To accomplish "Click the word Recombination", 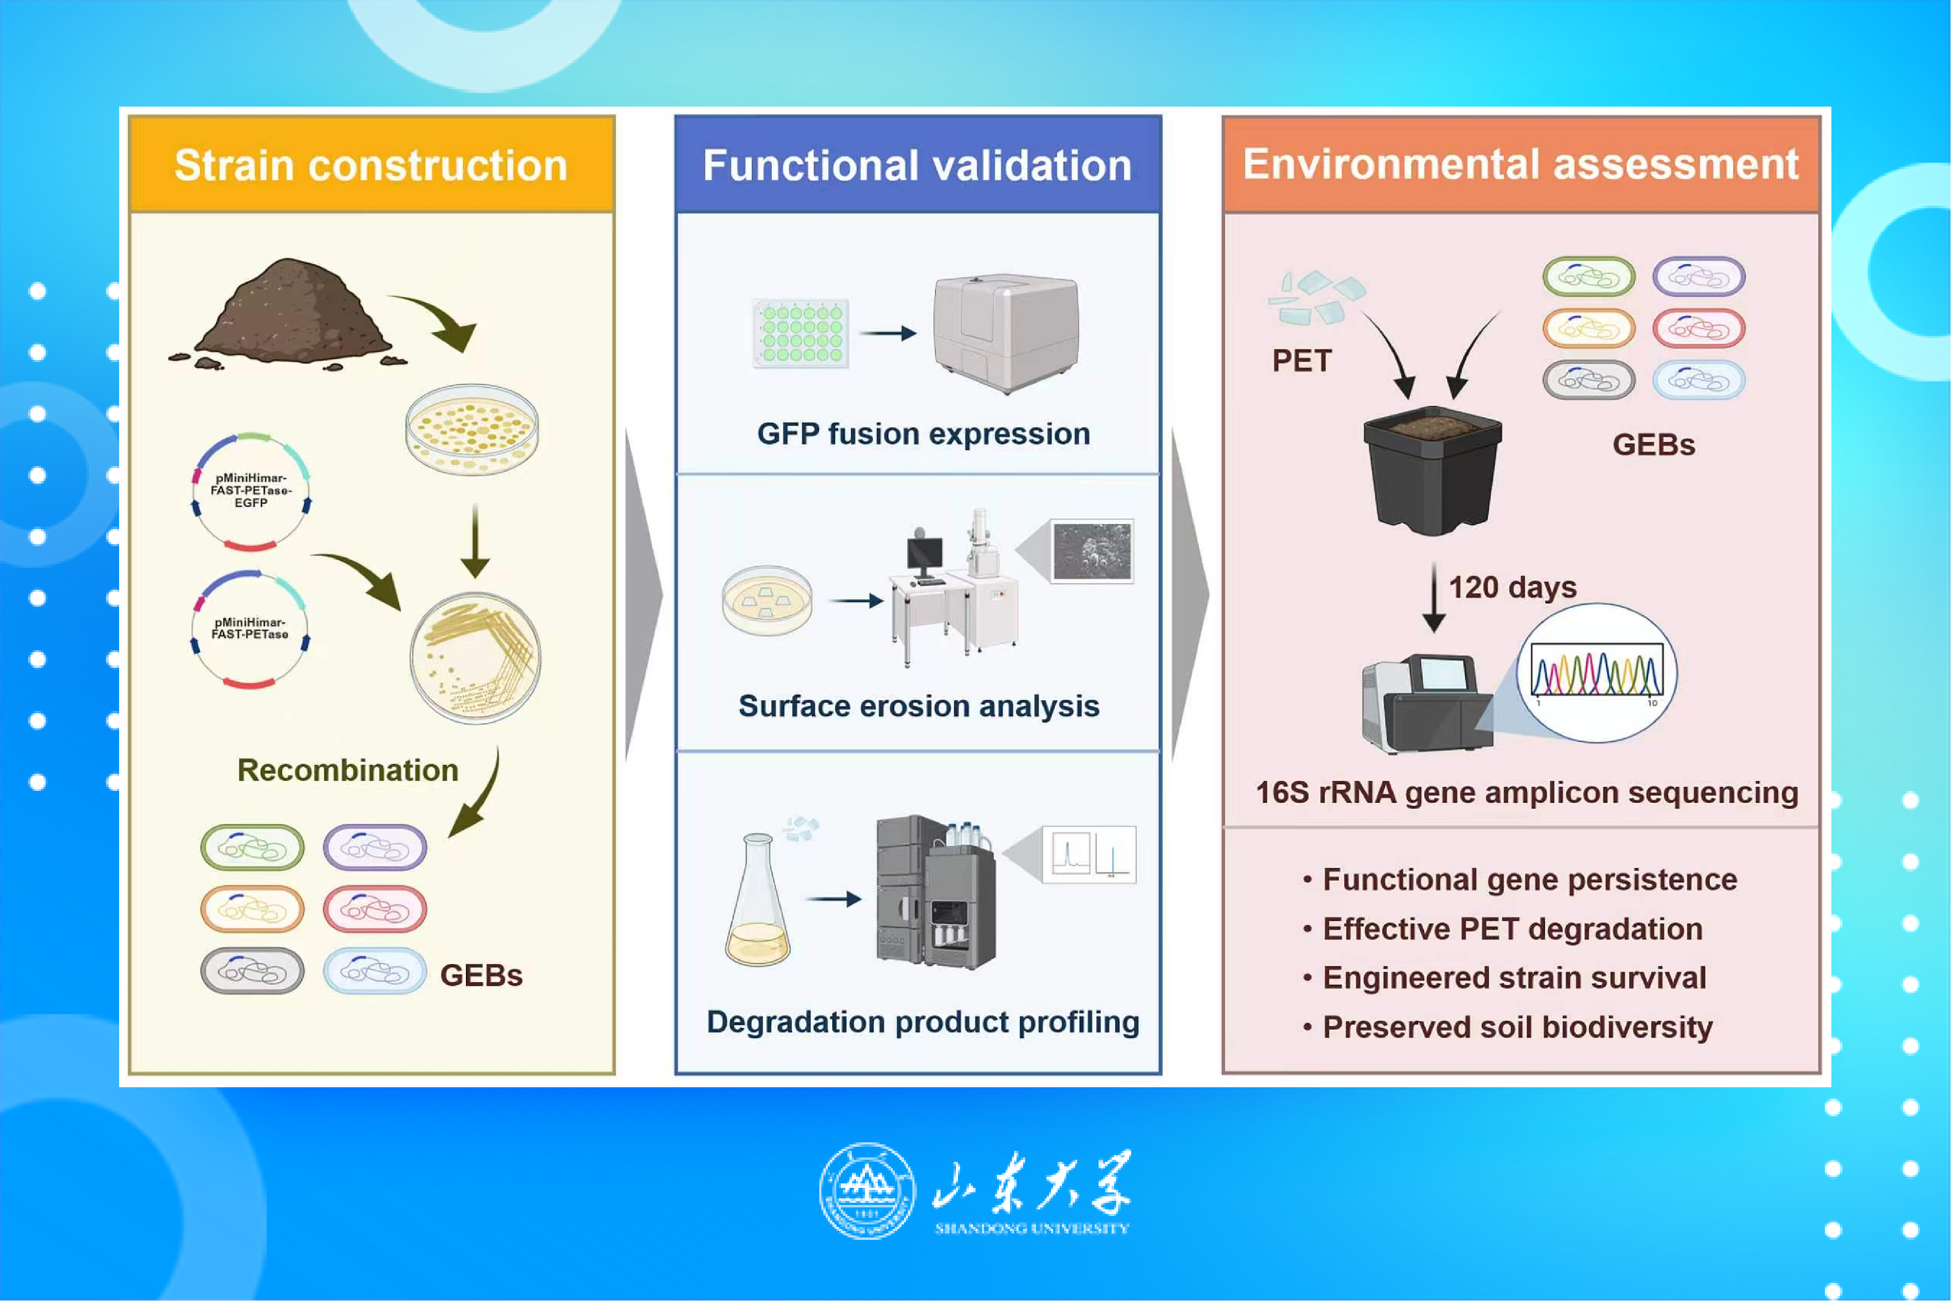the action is (347, 770).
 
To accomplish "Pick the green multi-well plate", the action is (800, 333).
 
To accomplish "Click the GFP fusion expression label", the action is (923, 434).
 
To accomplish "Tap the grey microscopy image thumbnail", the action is (1092, 551).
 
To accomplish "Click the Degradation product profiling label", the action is (922, 1021).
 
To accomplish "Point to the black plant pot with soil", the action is (1432, 470).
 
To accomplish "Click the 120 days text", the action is (1512, 587).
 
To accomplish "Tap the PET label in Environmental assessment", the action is (1301, 361).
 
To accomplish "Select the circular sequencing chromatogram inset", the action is (1596, 672).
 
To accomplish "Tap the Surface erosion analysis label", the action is (919, 706).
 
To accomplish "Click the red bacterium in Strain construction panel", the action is (375, 910).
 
